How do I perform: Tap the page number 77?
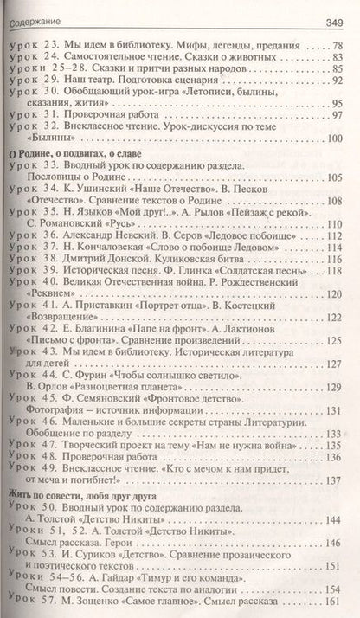tap(341, 42)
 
